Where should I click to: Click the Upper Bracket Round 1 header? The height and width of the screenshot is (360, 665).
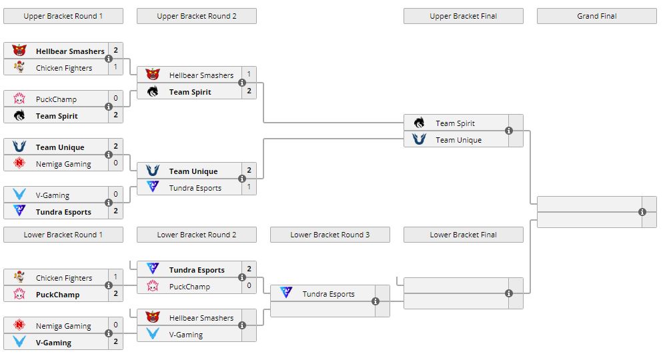click(63, 16)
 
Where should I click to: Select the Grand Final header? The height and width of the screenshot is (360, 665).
click(596, 16)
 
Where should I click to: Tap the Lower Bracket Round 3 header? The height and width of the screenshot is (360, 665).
click(329, 235)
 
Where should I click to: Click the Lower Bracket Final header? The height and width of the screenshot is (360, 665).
click(463, 235)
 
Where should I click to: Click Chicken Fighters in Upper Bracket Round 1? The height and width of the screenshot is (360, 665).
click(64, 68)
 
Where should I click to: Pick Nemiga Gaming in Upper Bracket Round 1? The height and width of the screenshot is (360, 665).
click(63, 164)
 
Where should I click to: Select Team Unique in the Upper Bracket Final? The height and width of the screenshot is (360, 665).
click(458, 140)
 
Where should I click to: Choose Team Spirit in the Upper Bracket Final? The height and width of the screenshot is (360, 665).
click(455, 123)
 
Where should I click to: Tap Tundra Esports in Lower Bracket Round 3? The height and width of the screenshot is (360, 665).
click(328, 294)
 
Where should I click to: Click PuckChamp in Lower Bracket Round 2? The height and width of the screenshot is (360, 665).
click(189, 287)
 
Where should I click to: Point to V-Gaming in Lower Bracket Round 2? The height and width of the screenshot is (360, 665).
click(185, 335)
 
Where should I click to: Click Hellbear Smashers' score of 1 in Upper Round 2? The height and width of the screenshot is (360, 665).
click(249, 75)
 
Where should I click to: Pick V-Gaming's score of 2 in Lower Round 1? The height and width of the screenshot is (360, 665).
click(115, 342)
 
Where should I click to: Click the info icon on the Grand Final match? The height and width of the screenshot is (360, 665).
click(642, 212)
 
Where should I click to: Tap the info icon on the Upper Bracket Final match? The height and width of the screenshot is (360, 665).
click(509, 131)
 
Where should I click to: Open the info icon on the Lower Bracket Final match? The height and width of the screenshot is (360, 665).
click(509, 293)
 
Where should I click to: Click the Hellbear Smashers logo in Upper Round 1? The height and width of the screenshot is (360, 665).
click(19, 51)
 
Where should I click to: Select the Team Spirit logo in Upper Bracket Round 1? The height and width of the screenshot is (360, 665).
click(19, 115)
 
